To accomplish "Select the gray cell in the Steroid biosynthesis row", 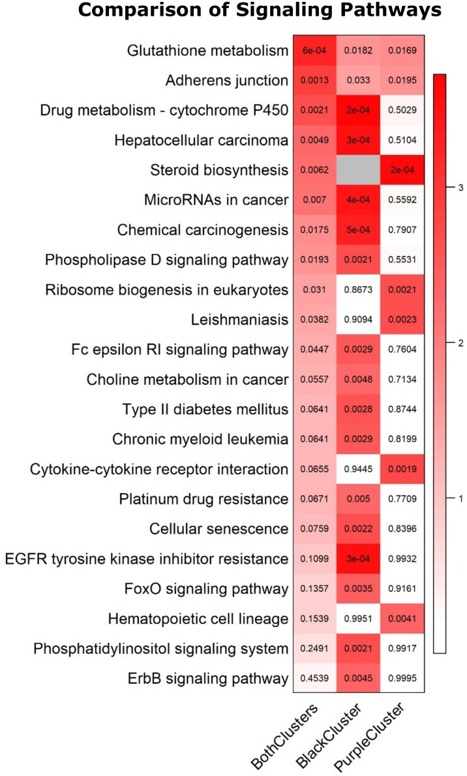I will coord(359,170).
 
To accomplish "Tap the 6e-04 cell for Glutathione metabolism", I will coord(315,51).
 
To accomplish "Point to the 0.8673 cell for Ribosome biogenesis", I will coord(359,290).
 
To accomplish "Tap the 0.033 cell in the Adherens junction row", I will coord(359,81).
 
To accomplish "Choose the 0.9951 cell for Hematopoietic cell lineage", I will coord(359,619).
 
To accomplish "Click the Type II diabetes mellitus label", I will coord(205,410).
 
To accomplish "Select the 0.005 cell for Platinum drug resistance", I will coord(359,499).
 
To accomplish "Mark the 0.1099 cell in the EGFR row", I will coord(315,558).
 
